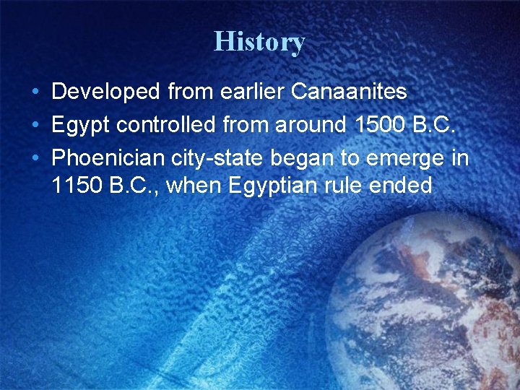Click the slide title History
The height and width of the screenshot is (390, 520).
pos(259,42)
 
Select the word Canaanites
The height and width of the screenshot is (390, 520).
pos(350,92)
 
